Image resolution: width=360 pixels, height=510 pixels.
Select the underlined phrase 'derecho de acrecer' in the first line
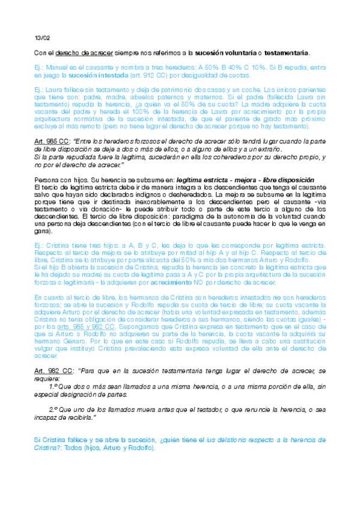(x=79, y=54)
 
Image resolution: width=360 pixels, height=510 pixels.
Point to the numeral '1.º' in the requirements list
(x=54, y=388)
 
